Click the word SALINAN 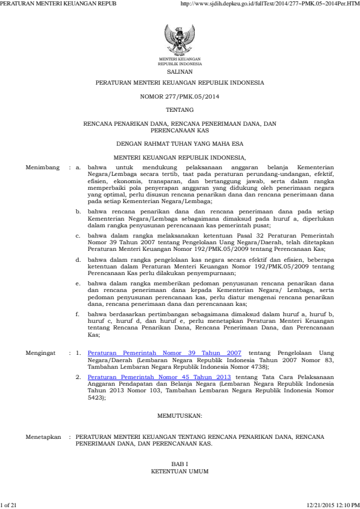tap(180, 71)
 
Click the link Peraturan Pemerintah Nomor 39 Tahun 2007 tap(165, 351)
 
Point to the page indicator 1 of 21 tap(10, 504)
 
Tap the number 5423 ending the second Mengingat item tap(96, 398)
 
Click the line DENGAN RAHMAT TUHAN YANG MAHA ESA tap(180, 144)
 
